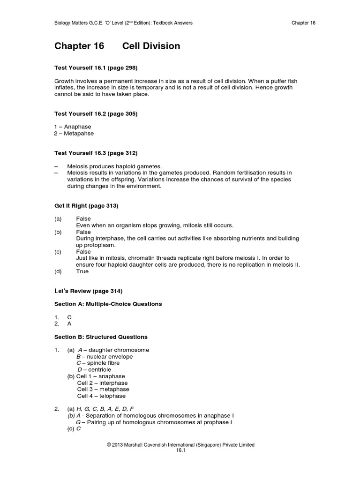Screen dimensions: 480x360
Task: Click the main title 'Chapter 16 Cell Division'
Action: (x=117, y=46)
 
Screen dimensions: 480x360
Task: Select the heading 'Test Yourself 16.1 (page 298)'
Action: (x=96, y=68)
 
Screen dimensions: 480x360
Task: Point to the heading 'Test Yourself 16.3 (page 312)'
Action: (x=96, y=153)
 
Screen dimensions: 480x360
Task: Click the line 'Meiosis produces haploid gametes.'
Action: (x=114, y=166)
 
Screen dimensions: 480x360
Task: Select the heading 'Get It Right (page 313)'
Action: (x=86, y=206)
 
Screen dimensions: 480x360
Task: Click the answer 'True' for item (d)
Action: (x=82, y=271)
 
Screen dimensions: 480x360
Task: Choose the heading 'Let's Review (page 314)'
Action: (x=89, y=291)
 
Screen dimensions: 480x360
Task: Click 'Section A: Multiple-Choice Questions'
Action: (x=108, y=304)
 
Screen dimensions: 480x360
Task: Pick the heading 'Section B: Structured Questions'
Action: (x=101, y=337)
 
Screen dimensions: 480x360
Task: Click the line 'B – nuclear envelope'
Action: (x=105, y=357)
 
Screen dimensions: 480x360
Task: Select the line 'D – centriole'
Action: (x=95, y=370)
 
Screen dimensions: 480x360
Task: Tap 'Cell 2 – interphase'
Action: (x=103, y=383)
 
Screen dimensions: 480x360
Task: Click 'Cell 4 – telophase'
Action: (x=102, y=396)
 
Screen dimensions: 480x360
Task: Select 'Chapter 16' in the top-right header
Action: (x=303, y=23)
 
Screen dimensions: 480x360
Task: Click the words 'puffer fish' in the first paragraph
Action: (x=281, y=81)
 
